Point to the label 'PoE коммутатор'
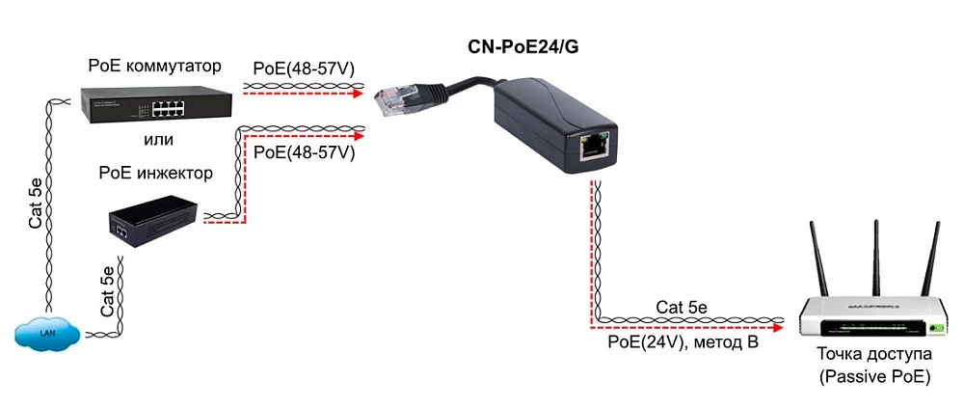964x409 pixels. pos(154,67)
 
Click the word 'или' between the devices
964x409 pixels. pos(156,140)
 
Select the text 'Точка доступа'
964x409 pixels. pos(874,354)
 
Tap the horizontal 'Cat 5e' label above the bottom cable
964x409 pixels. pos(682,308)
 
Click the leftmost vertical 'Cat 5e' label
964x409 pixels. pos(36,203)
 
